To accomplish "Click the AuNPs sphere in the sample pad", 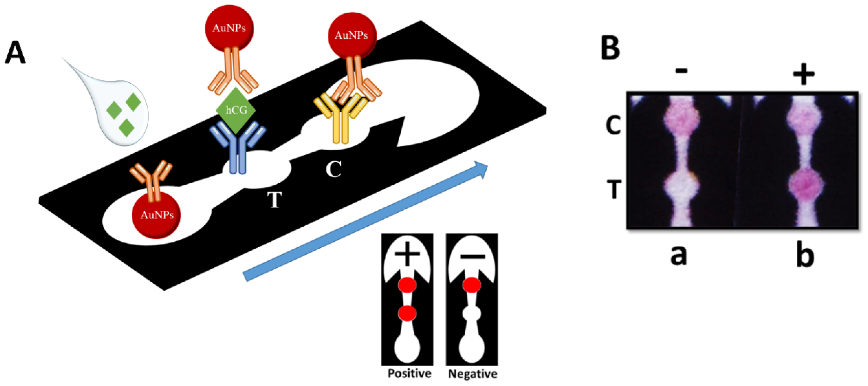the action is click(157, 215).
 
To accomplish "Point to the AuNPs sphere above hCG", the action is click(229, 28).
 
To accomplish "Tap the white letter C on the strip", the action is click(334, 169).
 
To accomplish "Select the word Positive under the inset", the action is click(409, 373).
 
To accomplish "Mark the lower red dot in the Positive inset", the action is click(407, 313).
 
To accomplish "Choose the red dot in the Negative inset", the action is click(472, 285).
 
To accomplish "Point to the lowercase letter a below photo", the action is click(678, 255).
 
